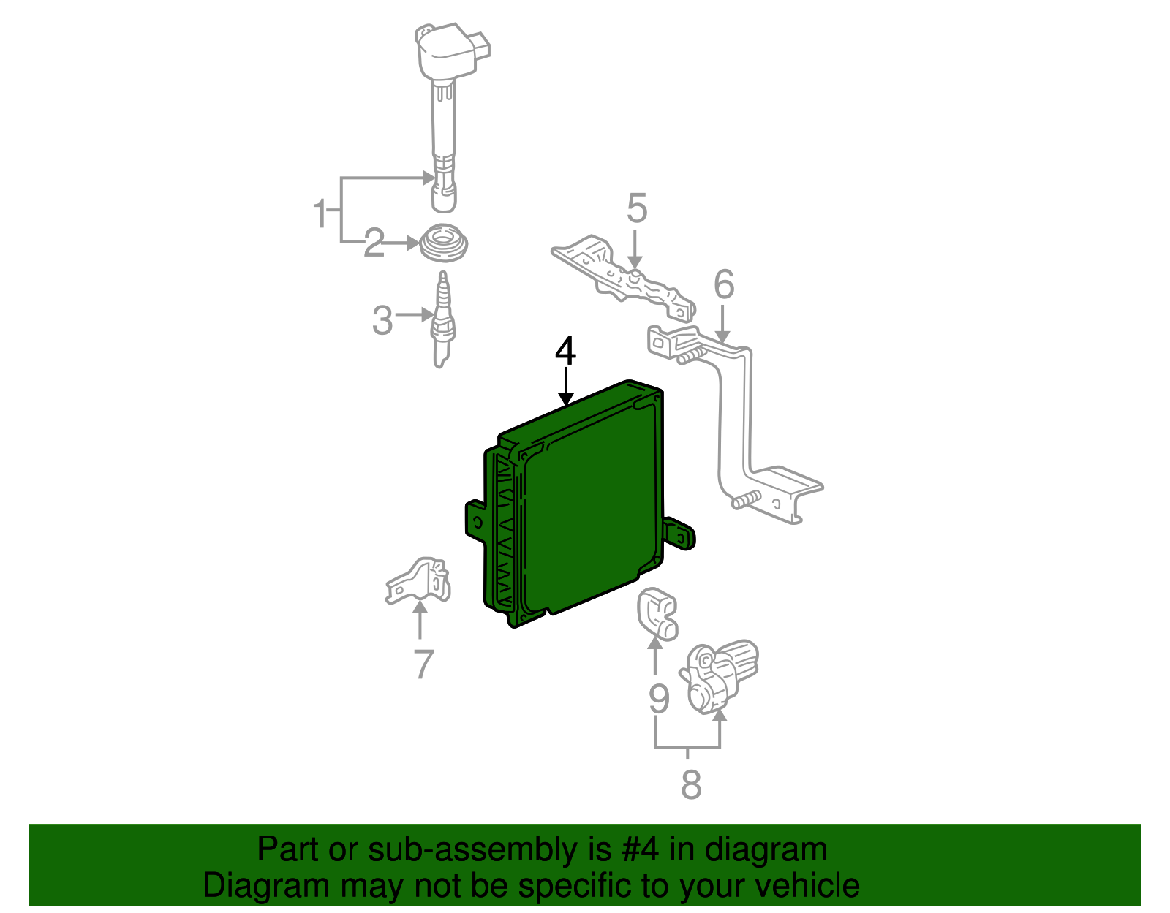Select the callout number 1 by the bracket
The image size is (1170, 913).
(x=320, y=213)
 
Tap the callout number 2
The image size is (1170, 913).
(x=374, y=243)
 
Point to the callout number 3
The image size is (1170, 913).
(x=382, y=320)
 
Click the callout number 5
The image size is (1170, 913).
(x=637, y=209)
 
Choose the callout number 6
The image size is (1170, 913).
(x=723, y=284)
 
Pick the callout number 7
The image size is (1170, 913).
(x=423, y=664)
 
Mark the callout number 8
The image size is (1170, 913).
(x=690, y=785)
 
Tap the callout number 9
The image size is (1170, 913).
(x=659, y=700)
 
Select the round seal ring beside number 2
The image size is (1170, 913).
(x=445, y=242)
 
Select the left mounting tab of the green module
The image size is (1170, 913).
(x=475, y=520)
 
